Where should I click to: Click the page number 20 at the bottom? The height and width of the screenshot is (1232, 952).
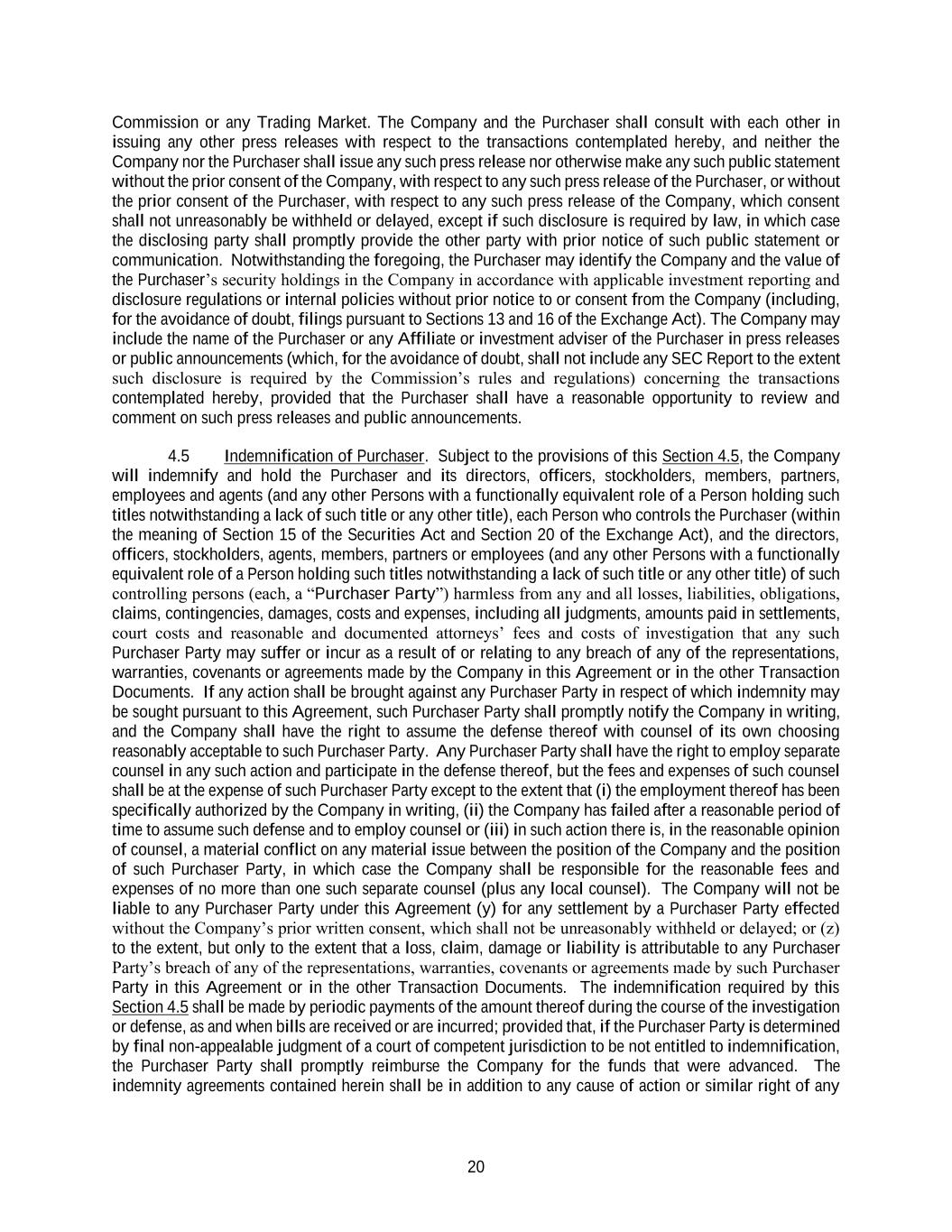pos(476,1167)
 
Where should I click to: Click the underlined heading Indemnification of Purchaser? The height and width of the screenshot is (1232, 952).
pos(323,456)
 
